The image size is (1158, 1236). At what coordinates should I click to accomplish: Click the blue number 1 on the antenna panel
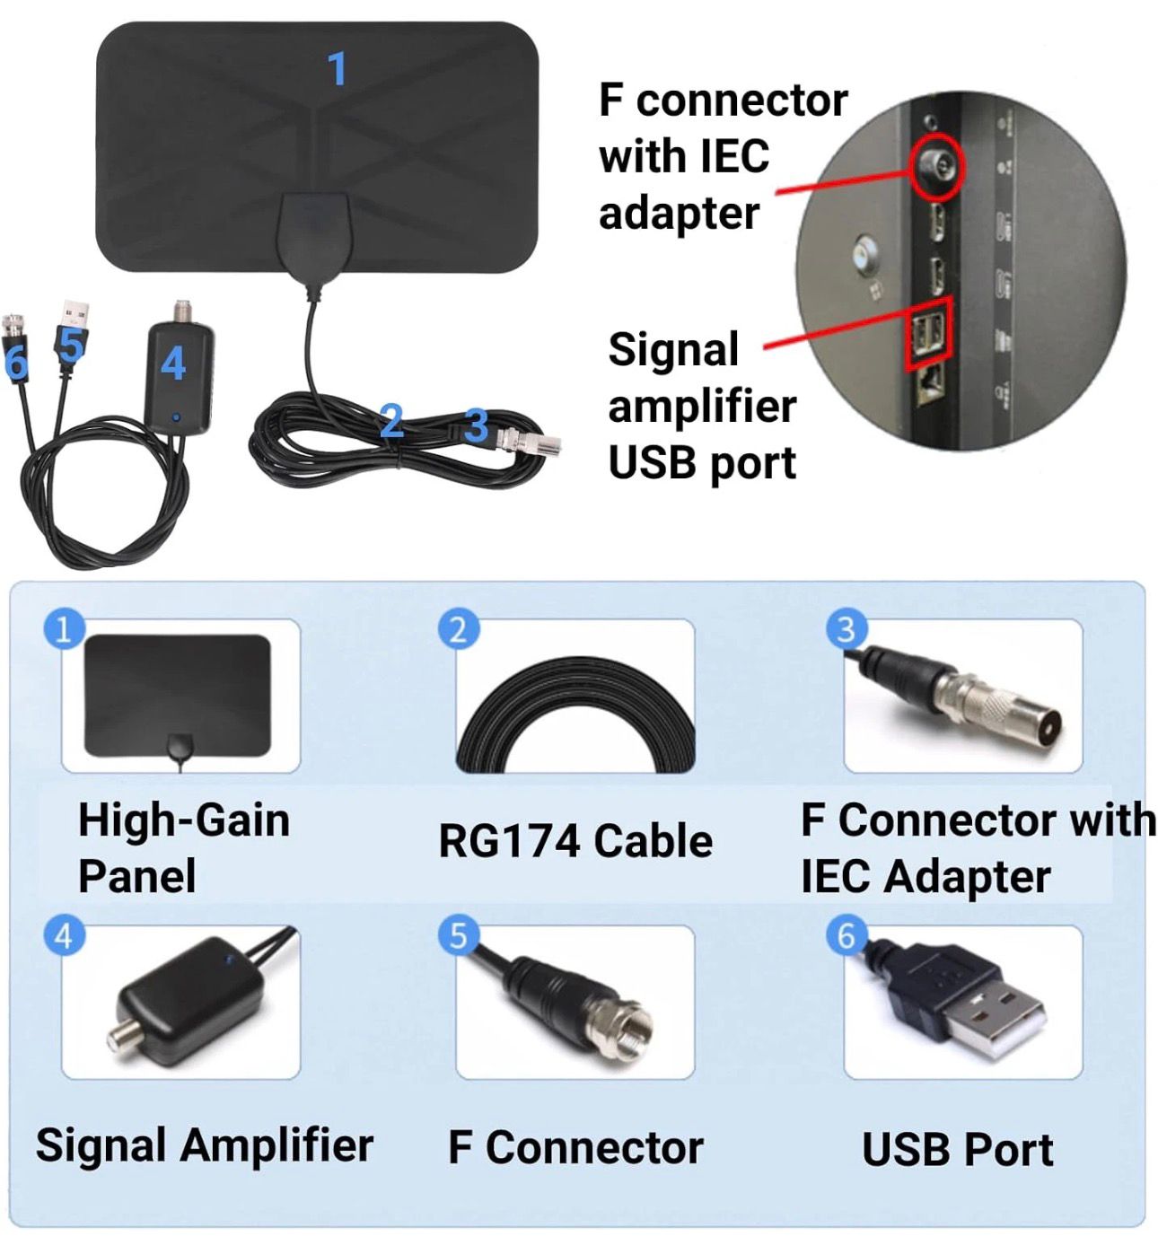337,69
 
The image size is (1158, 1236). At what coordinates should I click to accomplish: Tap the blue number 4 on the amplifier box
172,364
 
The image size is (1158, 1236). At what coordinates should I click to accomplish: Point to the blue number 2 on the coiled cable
390,420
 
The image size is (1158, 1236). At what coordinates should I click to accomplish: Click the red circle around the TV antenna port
937,167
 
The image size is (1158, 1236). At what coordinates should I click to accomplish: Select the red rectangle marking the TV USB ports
927,333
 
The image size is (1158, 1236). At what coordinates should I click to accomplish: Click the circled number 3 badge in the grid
846,629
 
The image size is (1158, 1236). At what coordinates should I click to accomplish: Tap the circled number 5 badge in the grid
458,935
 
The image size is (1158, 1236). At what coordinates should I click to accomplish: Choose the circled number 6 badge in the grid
846,935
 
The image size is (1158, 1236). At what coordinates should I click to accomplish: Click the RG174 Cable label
575,841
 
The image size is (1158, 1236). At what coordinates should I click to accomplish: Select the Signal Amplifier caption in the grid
205,1145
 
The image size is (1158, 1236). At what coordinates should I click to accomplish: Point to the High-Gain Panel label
183,847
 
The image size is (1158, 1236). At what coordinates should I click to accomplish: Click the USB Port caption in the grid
957,1149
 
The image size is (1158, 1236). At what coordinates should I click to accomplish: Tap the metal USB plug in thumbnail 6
996,1019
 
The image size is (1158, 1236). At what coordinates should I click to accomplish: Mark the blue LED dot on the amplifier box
178,416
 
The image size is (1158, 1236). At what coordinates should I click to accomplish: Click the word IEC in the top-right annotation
733,156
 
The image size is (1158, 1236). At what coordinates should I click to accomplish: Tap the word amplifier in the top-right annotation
701,406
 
